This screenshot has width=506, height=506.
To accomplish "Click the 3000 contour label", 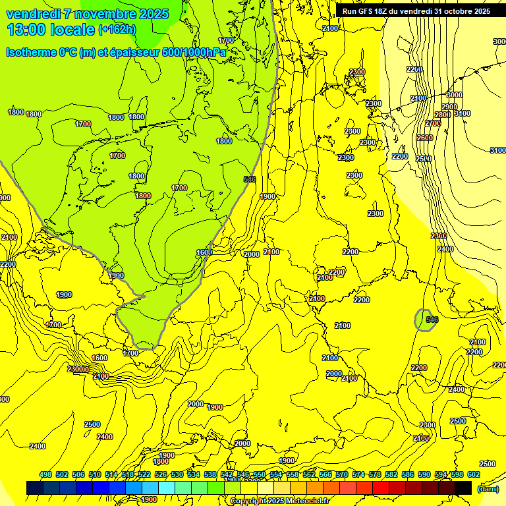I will click(x=454, y=96).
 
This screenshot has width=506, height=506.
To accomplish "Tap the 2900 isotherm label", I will click(x=449, y=107).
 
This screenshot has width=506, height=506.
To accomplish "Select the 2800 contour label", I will click(x=442, y=115).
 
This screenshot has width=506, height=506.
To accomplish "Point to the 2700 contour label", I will click(x=433, y=124).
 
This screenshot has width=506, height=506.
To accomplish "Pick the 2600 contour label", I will click(x=425, y=138).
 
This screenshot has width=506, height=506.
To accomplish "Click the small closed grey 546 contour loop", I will click(x=425, y=320).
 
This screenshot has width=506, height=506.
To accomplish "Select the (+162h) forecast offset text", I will click(x=117, y=30).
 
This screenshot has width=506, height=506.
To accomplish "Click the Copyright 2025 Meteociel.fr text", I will click(x=279, y=501).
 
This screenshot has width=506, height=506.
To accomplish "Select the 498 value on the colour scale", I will click(x=45, y=474).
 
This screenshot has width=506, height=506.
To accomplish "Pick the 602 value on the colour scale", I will click(x=474, y=474).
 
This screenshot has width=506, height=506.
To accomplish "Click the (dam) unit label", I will click(x=488, y=488).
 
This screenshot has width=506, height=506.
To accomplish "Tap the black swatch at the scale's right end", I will click(x=463, y=488).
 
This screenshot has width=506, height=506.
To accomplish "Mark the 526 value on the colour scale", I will click(x=161, y=474).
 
